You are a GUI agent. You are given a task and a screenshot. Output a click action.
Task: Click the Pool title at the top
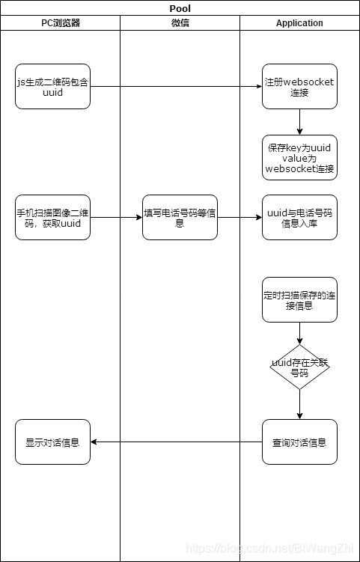click(180, 8)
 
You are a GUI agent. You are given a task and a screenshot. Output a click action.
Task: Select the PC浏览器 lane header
click(60, 23)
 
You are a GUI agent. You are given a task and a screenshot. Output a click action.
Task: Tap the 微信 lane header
click(180, 23)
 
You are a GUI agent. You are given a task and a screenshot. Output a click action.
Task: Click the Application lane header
click(299, 23)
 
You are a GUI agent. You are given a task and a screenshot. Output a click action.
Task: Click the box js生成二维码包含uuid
click(52, 87)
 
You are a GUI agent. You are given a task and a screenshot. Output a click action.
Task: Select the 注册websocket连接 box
click(299, 87)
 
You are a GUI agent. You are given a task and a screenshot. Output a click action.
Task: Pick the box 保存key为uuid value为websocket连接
click(299, 158)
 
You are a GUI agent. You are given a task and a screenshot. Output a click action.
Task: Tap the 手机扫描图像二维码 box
click(52, 218)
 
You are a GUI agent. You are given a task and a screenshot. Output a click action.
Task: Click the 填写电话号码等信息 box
click(180, 218)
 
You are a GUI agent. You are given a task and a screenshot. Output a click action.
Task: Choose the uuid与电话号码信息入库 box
click(299, 218)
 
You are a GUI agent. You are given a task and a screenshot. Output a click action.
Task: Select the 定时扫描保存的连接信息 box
click(299, 299)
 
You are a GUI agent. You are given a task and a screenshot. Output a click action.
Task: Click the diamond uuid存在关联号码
click(299, 367)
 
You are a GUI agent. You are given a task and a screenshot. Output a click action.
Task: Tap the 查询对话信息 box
click(299, 442)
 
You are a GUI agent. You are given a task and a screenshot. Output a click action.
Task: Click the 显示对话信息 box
click(52, 442)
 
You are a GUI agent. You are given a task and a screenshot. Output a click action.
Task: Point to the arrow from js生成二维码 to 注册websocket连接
click(176, 87)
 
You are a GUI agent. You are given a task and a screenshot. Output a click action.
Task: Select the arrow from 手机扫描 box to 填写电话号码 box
click(116, 218)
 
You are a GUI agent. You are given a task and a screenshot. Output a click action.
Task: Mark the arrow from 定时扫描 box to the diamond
click(299, 333)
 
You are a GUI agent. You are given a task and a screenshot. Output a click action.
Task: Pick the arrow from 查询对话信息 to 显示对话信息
click(176, 442)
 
